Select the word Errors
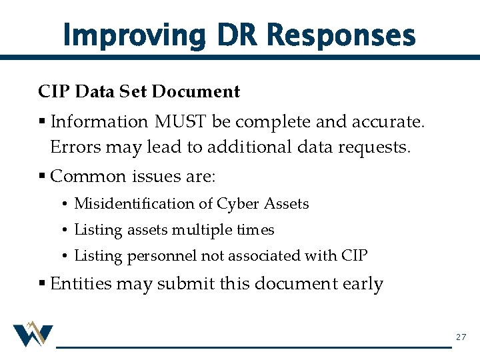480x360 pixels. (73, 147)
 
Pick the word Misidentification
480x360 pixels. (143, 203)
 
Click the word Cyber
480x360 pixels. (237, 203)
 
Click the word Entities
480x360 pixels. (77, 284)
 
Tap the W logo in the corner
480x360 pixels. (33, 334)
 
